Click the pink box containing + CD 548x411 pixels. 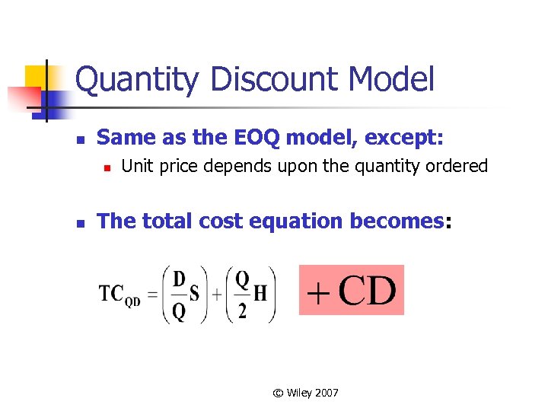[351, 290]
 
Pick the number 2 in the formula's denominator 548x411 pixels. [242, 311]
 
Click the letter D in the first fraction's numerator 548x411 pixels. [179, 279]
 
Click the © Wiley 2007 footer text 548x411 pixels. [306, 393]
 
